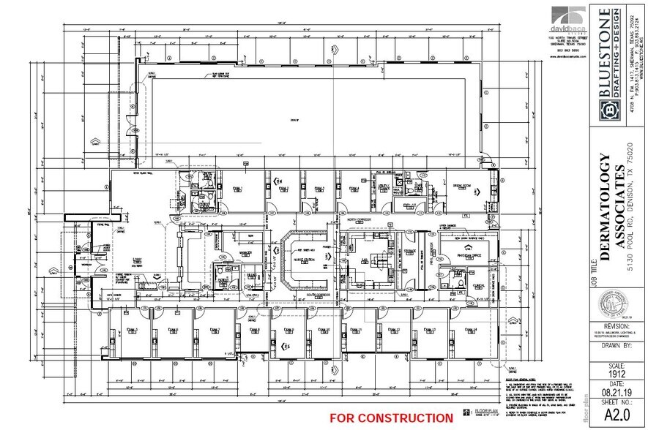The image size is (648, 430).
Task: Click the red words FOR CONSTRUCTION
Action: [391, 418]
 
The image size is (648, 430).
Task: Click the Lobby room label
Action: [137, 260]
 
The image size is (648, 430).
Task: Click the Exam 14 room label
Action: [469, 330]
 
